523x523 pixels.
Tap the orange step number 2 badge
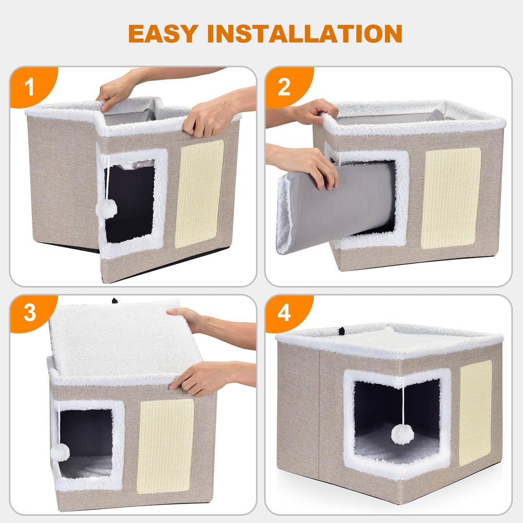coord(284,87)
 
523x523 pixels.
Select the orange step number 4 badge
coord(284,313)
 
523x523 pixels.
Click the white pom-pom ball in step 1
coord(106,209)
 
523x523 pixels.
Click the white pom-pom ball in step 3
coord(60,451)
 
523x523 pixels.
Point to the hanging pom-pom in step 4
coord(402,434)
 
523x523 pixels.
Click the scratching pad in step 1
coord(199,194)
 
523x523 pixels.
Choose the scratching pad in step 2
coord(451,198)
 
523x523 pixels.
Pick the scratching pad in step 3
coord(165,446)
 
